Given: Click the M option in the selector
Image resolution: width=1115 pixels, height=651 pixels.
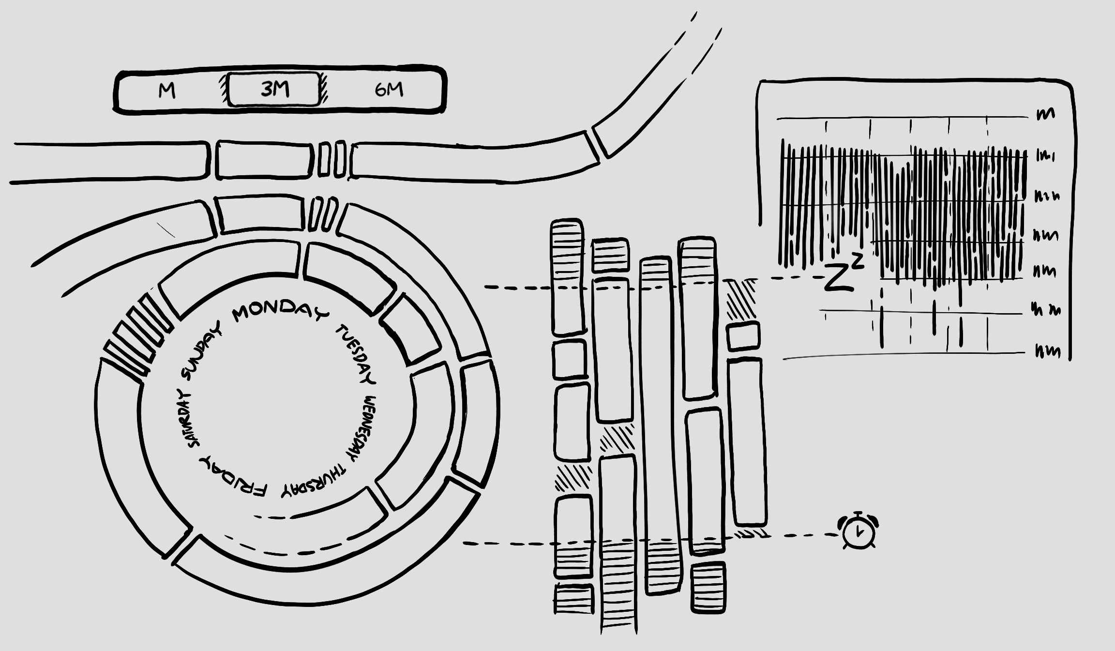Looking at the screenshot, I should click(x=167, y=91).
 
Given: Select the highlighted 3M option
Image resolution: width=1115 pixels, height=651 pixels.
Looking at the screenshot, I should click(x=274, y=89).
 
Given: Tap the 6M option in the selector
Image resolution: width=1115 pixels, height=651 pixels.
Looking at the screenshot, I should click(x=389, y=90).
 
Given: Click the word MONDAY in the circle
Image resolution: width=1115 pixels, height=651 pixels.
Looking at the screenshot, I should click(x=279, y=311).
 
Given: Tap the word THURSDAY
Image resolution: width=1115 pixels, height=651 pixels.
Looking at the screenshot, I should click(x=315, y=482).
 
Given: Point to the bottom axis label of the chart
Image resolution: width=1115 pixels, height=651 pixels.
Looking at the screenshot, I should click(x=1047, y=351).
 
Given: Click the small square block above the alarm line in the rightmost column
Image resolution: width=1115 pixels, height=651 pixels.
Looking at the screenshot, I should click(x=743, y=336).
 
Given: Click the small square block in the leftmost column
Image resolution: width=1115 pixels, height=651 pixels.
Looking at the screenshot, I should click(x=570, y=360).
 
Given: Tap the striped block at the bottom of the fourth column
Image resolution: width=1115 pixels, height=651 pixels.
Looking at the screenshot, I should click(x=708, y=587).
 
